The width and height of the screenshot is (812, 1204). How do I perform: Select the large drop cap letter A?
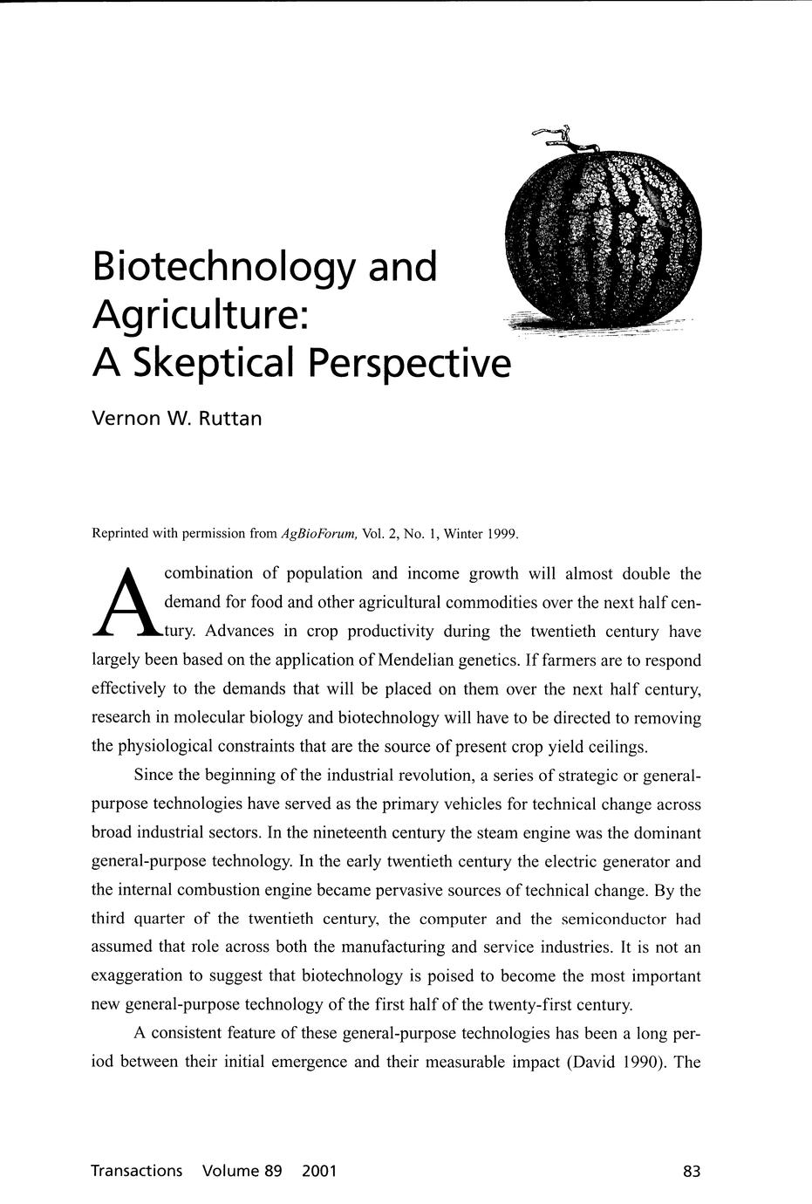pyautogui.click(x=126, y=602)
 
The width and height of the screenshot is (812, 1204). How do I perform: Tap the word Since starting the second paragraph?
pyautogui.click(x=154, y=776)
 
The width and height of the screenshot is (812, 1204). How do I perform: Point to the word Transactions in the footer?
pyautogui.click(x=137, y=1171)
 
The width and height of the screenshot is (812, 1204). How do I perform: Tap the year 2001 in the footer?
pyautogui.click(x=318, y=1171)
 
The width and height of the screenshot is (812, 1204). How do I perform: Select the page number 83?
pyautogui.click(x=692, y=1172)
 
